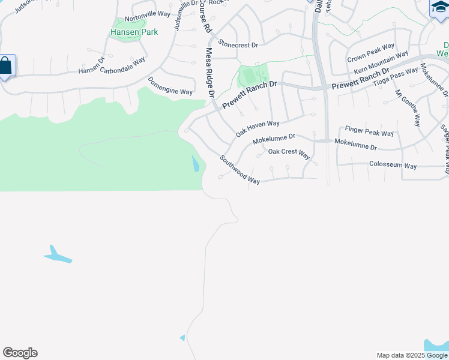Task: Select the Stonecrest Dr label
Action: coord(238,44)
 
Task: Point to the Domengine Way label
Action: coord(170,87)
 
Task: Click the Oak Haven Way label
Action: coord(258,128)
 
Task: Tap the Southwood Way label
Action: coord(239,170)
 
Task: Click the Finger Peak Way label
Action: coord(369,131)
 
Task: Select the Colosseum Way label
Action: coord(393,165)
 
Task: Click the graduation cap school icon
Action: coord(439,8)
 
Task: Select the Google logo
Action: coord(20,353)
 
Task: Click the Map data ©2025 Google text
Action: coord(412,355)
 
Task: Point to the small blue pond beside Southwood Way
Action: coord(195,164)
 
